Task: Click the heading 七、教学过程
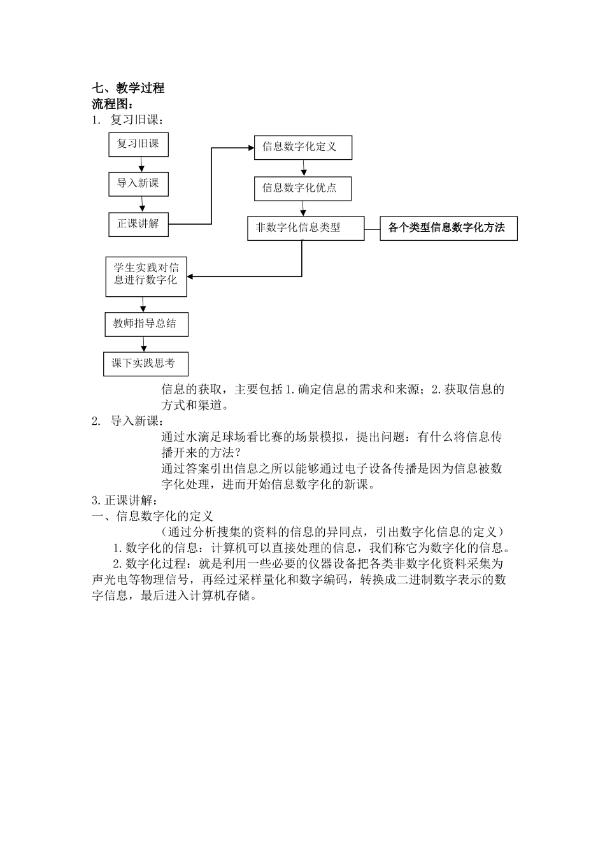128,89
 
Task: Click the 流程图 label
112,104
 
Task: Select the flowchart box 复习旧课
138,144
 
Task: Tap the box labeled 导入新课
138,183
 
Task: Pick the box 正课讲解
138,224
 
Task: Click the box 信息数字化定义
302,146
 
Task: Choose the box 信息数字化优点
302,188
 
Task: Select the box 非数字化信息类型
305,227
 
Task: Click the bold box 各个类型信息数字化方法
448,227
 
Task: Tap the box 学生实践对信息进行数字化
146,275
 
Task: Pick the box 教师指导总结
146,324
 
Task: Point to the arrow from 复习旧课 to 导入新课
141,164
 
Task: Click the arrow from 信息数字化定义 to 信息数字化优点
304,168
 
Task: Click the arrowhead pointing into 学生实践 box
190,276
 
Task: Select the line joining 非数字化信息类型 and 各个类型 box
372,228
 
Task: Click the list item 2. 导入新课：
128,421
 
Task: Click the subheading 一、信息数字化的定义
153,516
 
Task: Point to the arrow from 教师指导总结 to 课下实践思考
144,344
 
